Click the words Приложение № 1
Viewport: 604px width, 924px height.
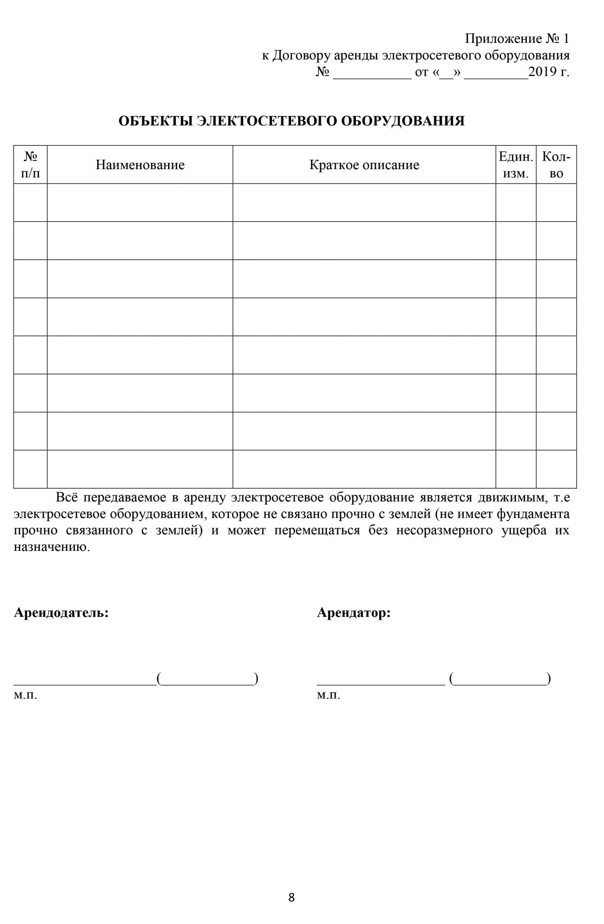tap(517, 39)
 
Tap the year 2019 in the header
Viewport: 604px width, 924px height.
tap(544, 72)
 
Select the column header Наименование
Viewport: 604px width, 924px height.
tap(140, 165)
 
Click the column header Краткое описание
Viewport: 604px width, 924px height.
tap(364, 165)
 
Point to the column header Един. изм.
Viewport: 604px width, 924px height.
tap(516, 165)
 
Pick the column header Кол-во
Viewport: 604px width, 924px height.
tap(556, 165)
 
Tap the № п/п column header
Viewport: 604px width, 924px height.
tap(30, 165)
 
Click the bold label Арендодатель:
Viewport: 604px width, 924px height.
tap(61, 613)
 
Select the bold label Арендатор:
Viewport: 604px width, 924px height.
tap(354, 613)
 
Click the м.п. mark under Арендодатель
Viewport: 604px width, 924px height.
tap(25, 695)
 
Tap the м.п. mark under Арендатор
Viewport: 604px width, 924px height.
tap(328, 695)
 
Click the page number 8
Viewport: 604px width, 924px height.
tap(291, 898)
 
